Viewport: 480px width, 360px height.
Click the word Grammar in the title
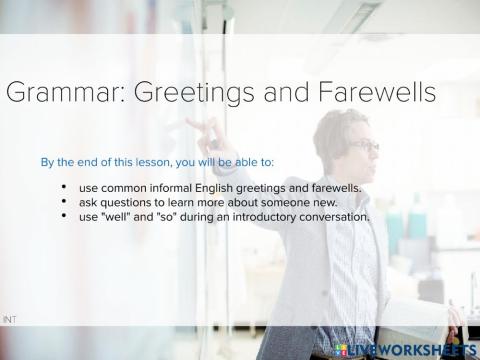(x=60, y=94)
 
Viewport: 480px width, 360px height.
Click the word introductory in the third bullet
(x=241, y=217)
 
